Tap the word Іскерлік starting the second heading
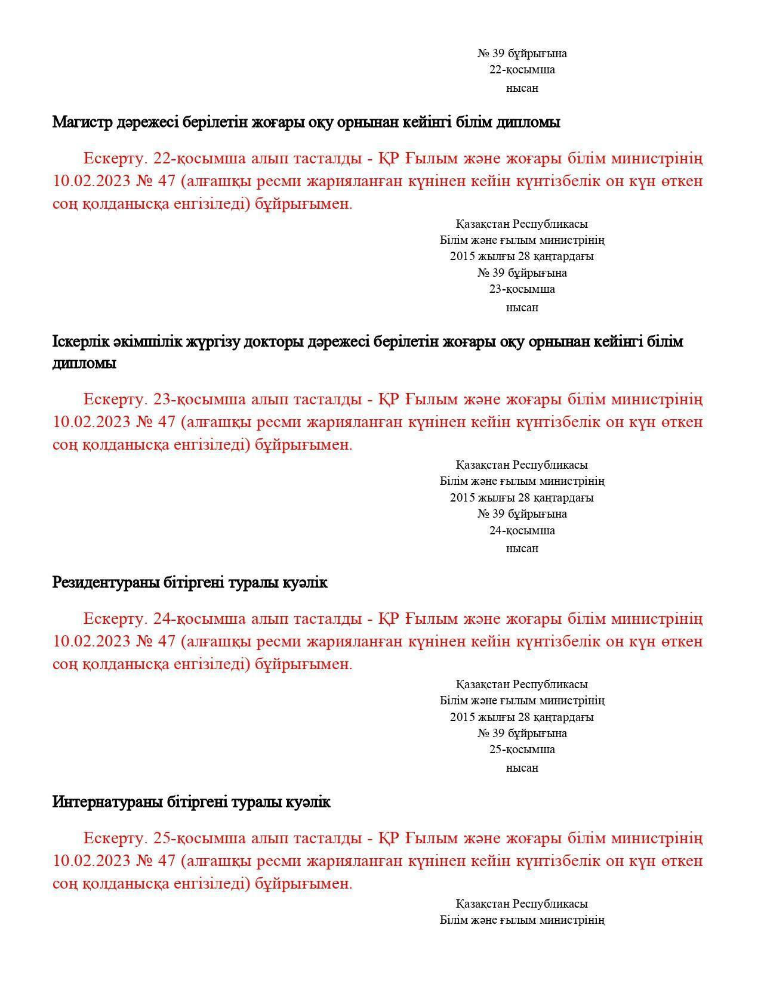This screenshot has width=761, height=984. (x=74, y=342)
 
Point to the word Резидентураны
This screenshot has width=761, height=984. (x=106, y=582)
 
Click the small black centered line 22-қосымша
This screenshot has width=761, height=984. (x=522, y=70)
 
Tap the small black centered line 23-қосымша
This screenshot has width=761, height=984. (x=522, y=289)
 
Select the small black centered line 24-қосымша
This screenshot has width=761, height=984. (x=522, y=530)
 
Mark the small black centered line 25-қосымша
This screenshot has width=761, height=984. (x=522, y=750)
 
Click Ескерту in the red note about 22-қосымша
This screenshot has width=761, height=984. (x=115, y=159)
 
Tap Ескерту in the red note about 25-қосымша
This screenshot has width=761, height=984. (x=115, y=838)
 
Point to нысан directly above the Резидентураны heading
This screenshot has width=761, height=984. (x=522, y=548)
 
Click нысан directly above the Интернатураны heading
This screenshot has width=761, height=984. (x=522, y=768)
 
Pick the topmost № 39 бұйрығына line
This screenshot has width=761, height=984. (x=522, y=54)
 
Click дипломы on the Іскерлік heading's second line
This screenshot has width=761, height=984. (x=84, y=363)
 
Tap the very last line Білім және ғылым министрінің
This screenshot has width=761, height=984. (x=522, y=920)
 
